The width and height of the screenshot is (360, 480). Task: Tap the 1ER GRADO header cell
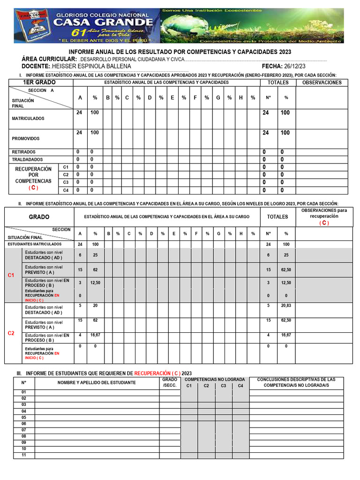pyautogui.click(x=39, y=82)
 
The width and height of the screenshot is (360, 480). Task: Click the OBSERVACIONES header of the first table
pyautogui.click(x=322, y=82)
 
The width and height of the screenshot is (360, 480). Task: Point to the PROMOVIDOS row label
pyautogui.click(x=26, y=139)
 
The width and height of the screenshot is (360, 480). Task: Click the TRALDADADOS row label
pyautogui.click(x=27, y=159)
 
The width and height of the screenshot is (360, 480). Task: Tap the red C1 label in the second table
pyautogui.click(x=12, y=275)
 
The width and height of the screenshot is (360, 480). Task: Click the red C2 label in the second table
pyautogui.click(x=12, y=333)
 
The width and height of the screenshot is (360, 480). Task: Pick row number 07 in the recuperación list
pyautogui.click(x=24, y=430)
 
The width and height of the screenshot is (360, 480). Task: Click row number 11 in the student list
pyautogui.click(x=24, y=455)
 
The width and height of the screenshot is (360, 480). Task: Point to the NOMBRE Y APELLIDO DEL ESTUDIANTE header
pyautogui.click(x=97, y=382)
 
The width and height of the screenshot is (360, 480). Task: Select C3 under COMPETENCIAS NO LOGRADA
pyautogui.click(x=224, y=386)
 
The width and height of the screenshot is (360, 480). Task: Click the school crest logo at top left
pyautogui.click(x=31, y=26)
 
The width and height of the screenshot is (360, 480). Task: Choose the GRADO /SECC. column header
pyautogui.click(x=170, y=382)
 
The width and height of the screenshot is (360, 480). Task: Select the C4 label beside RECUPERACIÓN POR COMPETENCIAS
pyautogui.click(x=66, y=190)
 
